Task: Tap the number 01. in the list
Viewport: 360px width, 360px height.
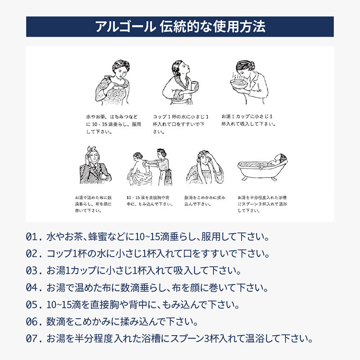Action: click(x=34, y=237)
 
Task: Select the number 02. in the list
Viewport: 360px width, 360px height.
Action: click(x=34, y=254)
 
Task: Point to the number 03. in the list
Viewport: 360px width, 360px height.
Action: click(x=34, y=271)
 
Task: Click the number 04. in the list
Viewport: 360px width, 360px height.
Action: click(x=34, y=288)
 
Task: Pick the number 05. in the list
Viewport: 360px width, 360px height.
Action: click(x=34, y=305)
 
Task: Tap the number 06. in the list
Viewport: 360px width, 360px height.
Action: click(x=34, y=322)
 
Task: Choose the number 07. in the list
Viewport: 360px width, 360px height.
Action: click(x=34, y=338)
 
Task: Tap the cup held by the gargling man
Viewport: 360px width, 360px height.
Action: click(x=194, y=85)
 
